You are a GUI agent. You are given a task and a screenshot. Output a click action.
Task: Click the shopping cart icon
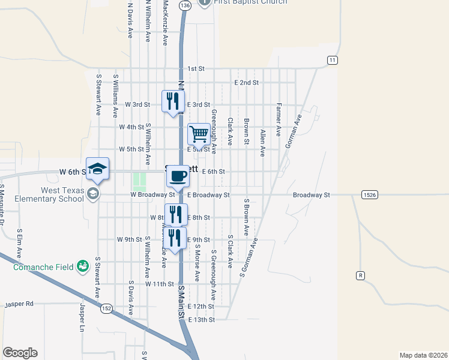pyautogui.click(x=199, y=134)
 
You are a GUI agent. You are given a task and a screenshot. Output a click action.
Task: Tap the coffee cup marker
pyautogui.click(x=177, y=176)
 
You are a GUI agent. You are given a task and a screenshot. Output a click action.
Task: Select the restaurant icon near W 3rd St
pyautogui.click(x=173, y=101)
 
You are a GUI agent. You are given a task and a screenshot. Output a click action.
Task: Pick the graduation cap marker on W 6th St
pyautogui.click(x=97, y=169)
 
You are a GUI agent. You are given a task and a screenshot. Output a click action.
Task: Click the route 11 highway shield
pyautogui.click(x=332, y=60)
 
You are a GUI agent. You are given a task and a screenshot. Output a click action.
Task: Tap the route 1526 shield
pyautogui.click(x=370, y=195)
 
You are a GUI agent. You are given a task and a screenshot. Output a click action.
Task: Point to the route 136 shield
pyautogui.click(x=185, y=5)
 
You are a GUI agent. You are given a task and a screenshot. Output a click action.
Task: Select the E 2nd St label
pyautogui.click(x=246, y=82)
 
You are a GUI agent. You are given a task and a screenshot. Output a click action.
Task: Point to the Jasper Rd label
pyautogui.click(x=19, y=305)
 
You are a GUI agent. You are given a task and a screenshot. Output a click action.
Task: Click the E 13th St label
pyautogui.click(x=201, y=320)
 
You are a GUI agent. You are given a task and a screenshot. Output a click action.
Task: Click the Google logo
pyautogui.click(x=20, y=353)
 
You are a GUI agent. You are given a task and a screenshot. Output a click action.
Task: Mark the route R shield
pyautogui.click(x=360, y=275)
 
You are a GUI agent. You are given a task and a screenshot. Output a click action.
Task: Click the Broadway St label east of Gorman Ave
pyautogui.click(x=312, y=195)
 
